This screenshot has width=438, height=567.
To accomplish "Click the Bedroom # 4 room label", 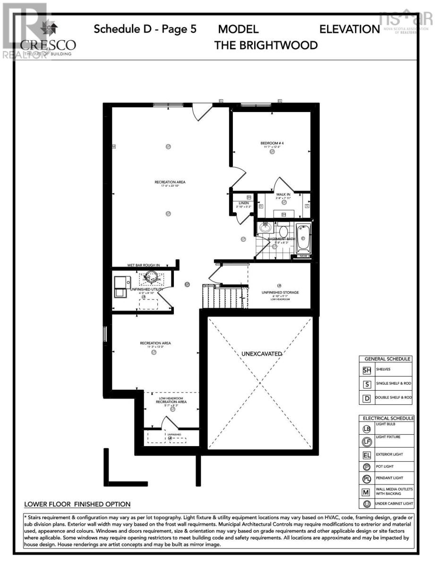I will (x=272, y=143).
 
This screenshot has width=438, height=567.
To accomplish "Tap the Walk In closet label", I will (x=284, y=193).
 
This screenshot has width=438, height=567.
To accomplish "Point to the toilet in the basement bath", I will (x=283, y=231).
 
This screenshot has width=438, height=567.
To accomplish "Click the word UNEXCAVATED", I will (x=262, y=353).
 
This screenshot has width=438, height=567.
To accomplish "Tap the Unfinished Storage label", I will (x=280, y=292).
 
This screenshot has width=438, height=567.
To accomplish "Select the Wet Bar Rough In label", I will (x=144, y=265).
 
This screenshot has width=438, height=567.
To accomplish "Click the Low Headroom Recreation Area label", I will (x=172, y=400).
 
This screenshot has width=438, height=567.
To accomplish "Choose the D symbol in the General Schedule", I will (x=367, y=398).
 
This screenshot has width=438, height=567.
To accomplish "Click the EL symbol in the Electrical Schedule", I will (x=367, y=456).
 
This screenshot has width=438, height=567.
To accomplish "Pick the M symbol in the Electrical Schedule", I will (x=367, y=491).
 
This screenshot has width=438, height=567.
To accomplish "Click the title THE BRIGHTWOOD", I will (x=266, y=45).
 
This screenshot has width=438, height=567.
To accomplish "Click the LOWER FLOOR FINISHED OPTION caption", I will (x=77, y=504).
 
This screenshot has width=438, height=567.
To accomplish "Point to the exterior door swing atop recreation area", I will (x=200, y=112).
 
